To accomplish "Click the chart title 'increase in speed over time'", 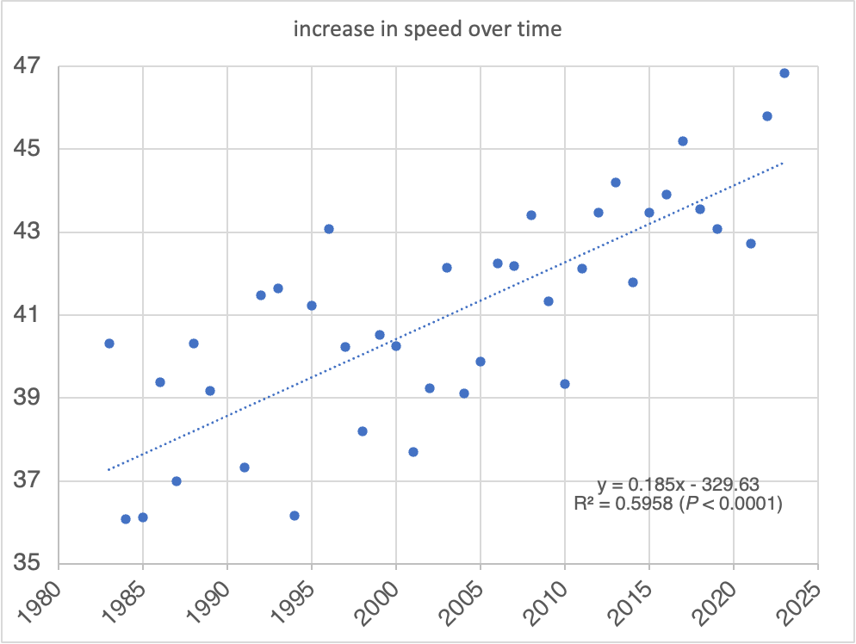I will click(427, 29).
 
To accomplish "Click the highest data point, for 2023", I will click(785, 73).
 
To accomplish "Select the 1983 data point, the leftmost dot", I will click(109, 344).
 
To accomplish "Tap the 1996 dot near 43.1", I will click(329, 229).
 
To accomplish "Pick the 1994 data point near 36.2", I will click(295, 516).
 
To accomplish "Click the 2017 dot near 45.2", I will click(683, 141).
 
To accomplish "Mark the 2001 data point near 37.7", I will click(413, 452).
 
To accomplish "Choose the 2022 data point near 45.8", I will click(767, 116).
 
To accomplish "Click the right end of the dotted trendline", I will click(783, 162).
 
